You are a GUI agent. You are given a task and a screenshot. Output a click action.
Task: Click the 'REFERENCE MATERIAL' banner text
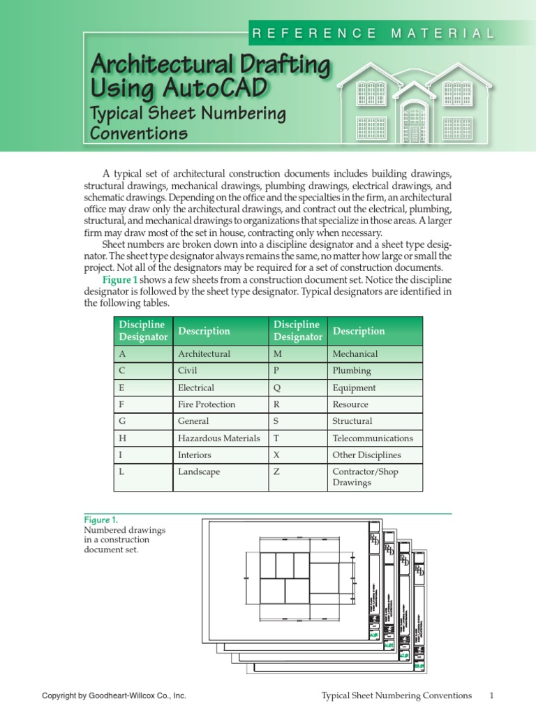[373, 33]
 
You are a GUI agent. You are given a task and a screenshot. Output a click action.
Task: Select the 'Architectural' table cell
[204, 354]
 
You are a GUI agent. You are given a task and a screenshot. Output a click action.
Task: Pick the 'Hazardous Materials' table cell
[219, 438]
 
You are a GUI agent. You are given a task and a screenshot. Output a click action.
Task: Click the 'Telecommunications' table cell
[373, 438]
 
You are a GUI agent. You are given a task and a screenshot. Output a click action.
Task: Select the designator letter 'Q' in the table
[276, 388]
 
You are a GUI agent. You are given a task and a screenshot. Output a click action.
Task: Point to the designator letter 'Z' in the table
[276, 472]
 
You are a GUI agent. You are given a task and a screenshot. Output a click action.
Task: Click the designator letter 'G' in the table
[122, 421]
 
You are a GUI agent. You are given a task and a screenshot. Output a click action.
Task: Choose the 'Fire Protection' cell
[207, 404]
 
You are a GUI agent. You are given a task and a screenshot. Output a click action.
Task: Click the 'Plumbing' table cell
[352, 371]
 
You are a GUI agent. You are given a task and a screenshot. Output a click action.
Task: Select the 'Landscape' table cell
[199, 472]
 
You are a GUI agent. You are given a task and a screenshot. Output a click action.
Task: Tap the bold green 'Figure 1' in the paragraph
[120, 279]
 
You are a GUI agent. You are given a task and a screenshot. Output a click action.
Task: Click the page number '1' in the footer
[491, 695]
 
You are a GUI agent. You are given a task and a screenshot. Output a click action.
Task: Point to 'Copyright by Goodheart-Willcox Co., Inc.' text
[114, 696]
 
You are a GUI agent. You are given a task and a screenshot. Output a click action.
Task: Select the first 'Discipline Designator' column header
[143, 331]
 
